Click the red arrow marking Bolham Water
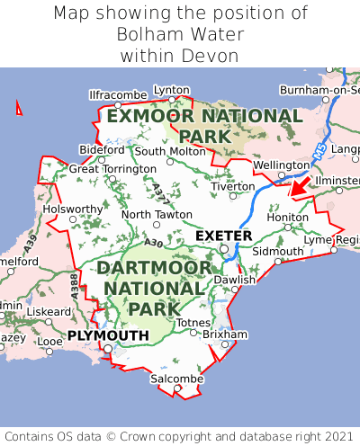click(301, 185)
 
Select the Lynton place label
click(172, 90)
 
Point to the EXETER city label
click(223, 236)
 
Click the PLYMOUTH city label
click(108, 335)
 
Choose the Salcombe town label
click(176, 379)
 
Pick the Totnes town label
click(193, 323)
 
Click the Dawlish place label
click(235, 280)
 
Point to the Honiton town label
click(288, 217)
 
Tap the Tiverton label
click(232, 185)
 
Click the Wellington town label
click(282, 165)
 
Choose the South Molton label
click(170, 151)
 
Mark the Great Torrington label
click(112, 168)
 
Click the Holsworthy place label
click(74, 209)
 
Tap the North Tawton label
click(157, 214)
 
